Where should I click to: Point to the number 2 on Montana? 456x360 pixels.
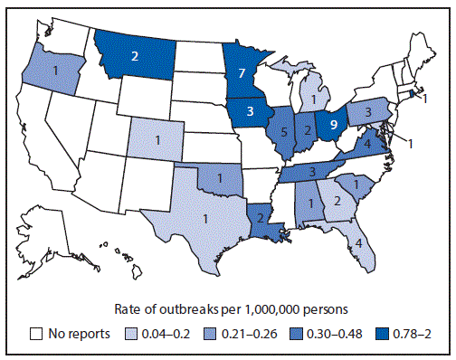[x=134, y=54]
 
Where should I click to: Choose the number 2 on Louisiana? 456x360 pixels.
[x=261, y=215]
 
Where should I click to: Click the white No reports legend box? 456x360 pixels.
[x=36, y=332]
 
